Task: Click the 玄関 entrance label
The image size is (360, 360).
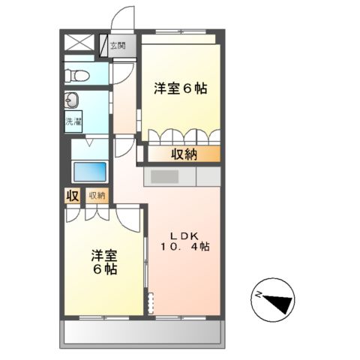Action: tap(117, 45)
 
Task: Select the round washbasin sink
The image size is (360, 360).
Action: tap(72, 100)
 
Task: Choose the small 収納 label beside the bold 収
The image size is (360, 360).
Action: tap(97, 196)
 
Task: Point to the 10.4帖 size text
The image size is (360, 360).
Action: tap(184, 245)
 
